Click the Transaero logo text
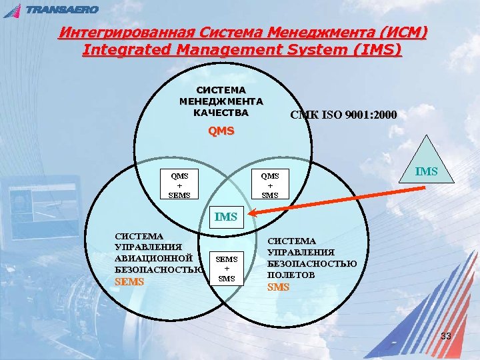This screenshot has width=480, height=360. click(x=62, y=9)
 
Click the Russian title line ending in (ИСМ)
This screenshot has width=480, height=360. click(x=243, y=33)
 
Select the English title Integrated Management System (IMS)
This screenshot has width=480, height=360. click(x=242, y=50)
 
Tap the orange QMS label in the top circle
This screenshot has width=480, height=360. click(x=221, y=131)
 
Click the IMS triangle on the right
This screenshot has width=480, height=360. click(x=427, y=167)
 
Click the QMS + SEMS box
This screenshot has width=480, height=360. click(x=179, y=185)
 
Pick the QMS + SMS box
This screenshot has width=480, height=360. click(x=270, y=185)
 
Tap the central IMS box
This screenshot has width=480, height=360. click(x=226, y=216)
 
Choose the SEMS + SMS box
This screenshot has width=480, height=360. click(x=227, y=267)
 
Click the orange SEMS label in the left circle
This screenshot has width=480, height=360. click(x=129, y=282)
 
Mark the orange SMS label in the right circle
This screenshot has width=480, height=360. click(x=278, y=287)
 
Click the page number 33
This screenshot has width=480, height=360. click(x=446, y=336)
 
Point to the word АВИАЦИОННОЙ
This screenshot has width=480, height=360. click(x=154, y=258)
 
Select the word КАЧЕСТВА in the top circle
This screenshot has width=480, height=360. click(x=221, y=113)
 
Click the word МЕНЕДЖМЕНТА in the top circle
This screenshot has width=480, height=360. click(x=221, y=101)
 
